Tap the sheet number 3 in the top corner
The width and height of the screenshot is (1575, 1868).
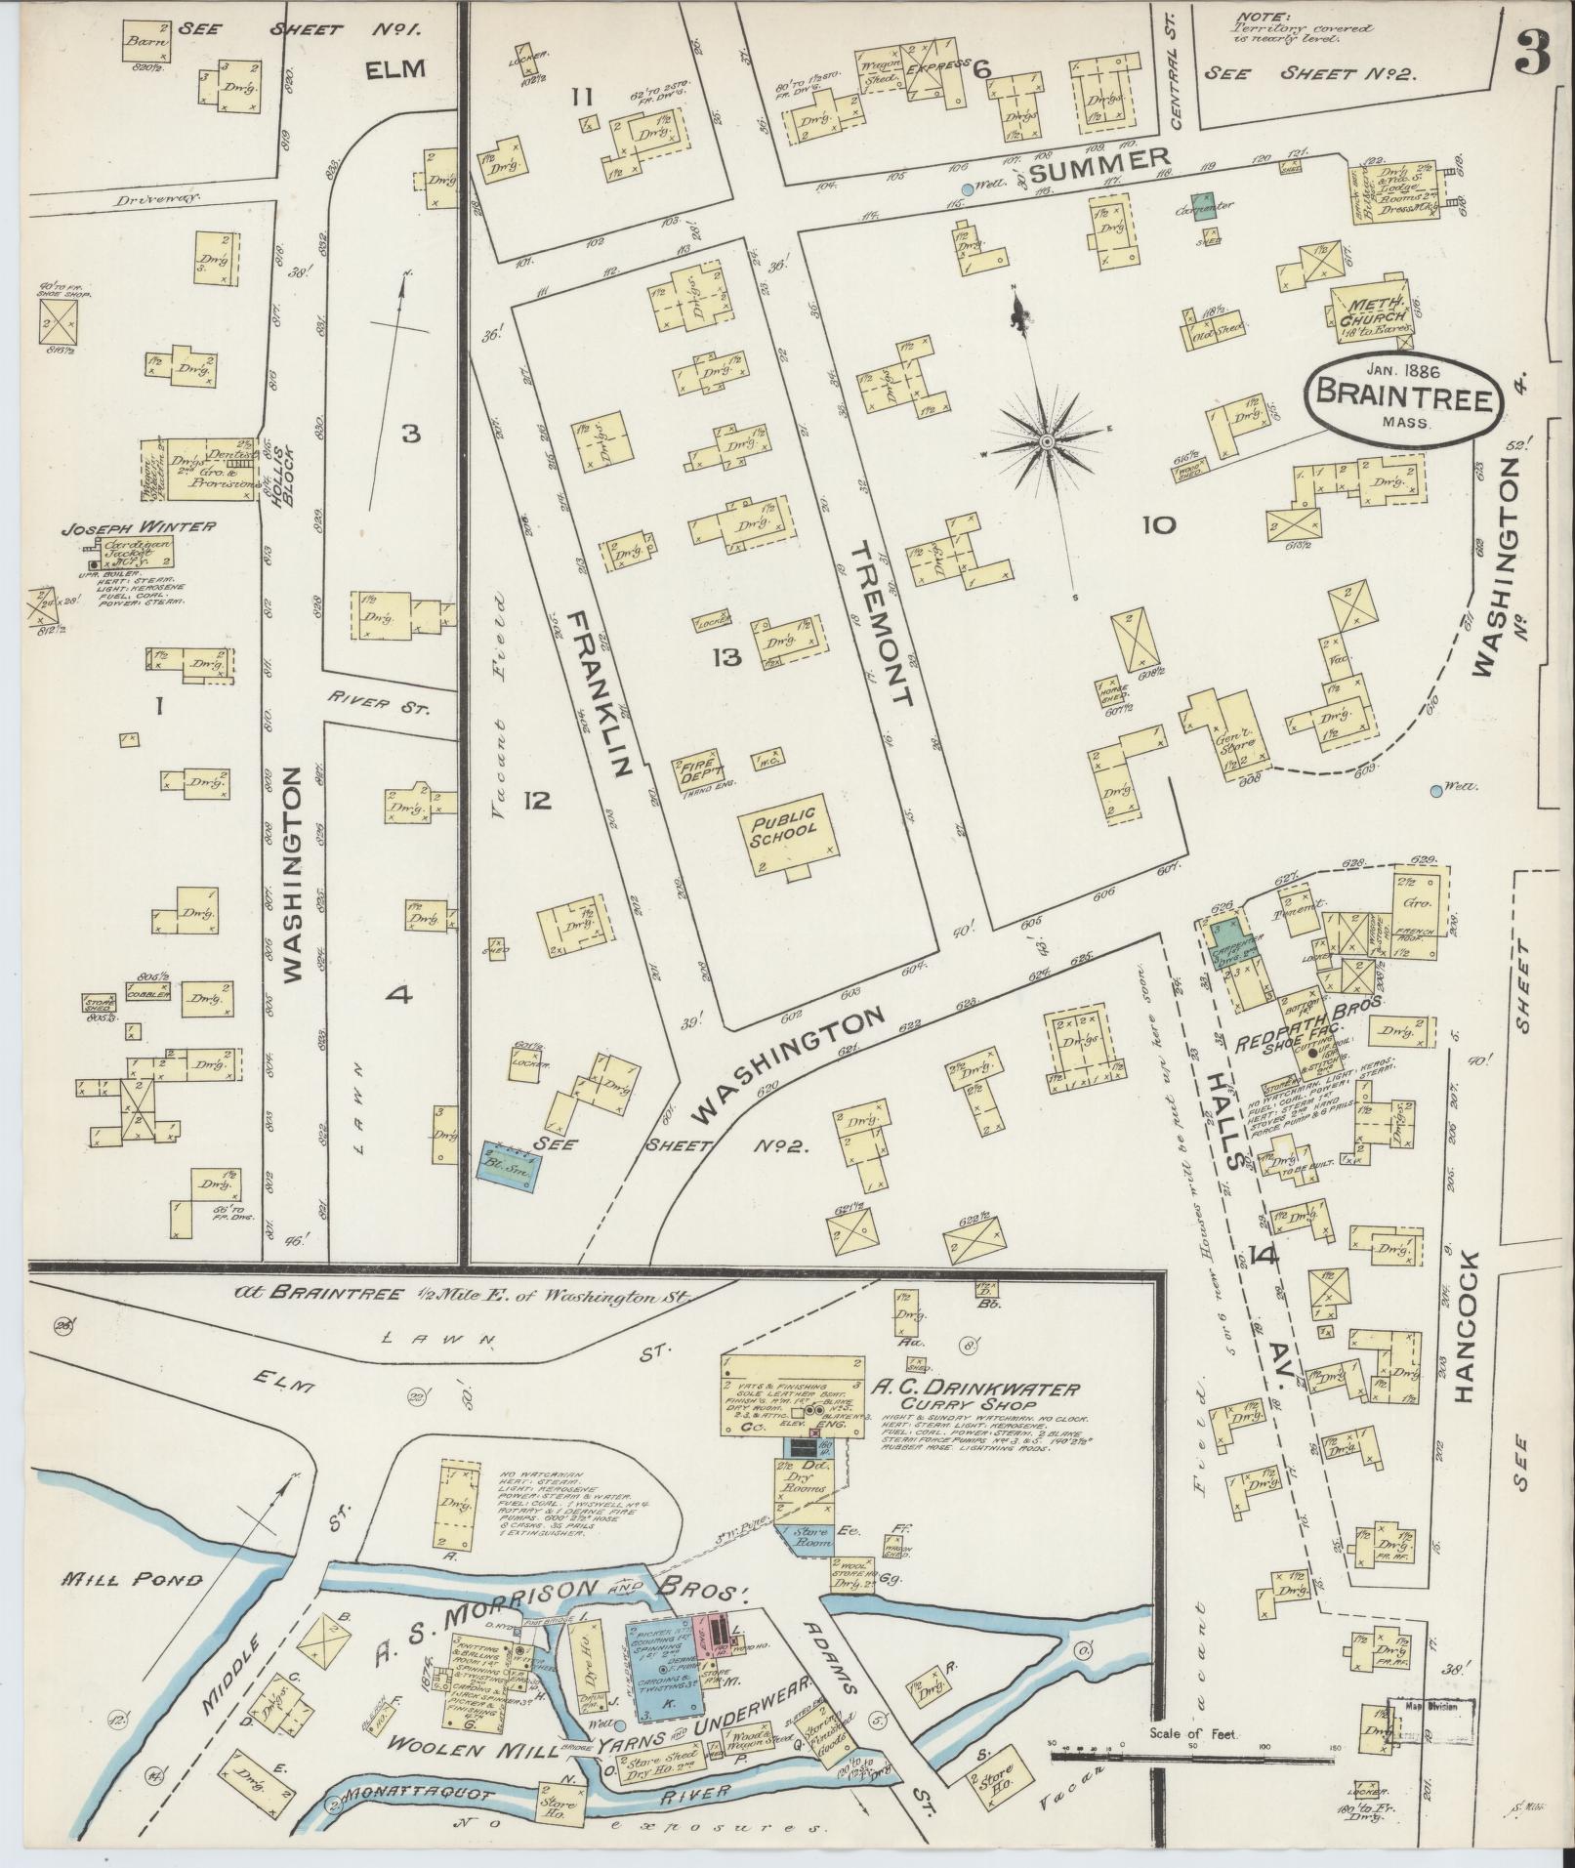point(1533,59)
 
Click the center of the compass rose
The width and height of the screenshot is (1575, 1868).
point(1047,442)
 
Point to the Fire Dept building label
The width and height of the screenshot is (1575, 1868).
point(697,770)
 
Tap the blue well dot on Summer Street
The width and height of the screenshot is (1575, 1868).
point(967,189)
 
